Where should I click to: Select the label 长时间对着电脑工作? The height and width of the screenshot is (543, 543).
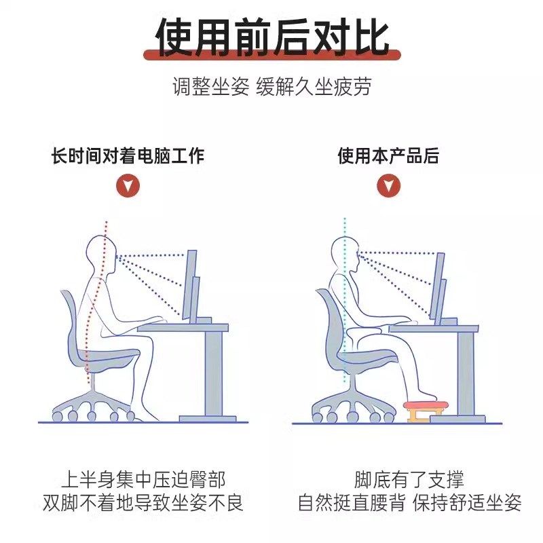[x=128, y=156]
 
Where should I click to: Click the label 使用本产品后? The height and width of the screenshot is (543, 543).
[x=388, y=156]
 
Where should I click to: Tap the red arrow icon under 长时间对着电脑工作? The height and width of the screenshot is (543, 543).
[x=128, y=185]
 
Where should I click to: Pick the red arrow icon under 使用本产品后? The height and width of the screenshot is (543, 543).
[x=388, y=185]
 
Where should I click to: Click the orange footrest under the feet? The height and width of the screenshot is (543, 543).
[x=424, y=409]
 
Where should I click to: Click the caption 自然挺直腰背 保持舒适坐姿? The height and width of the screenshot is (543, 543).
[x=409, y=503]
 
